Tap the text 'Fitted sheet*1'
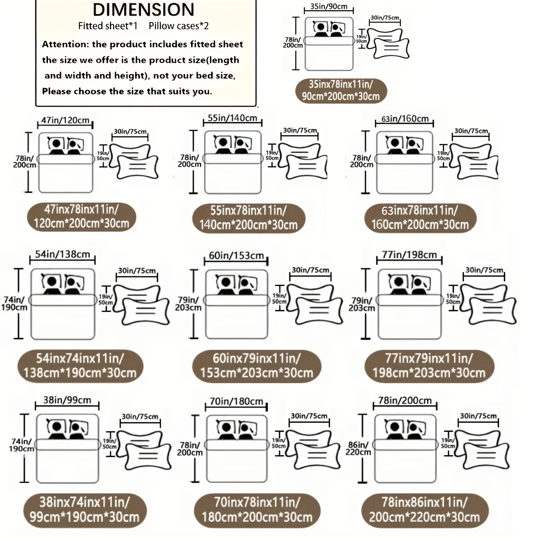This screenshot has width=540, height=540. tap(108, 26)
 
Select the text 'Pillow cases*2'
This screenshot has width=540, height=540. tap(179, 26)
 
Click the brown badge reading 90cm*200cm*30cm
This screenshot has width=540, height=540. tap(341, 91)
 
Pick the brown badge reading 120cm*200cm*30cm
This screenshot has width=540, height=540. tap(81, 217)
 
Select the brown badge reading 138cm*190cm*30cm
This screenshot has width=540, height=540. tap(80, 366)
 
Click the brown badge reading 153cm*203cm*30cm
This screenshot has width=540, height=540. tap(257, 366)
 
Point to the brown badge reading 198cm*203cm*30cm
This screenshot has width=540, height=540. tap(429, 366)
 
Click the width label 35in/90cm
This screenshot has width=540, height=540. tap(329, 6)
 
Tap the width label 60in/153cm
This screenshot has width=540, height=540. tap(236, 255)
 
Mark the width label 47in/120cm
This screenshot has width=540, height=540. tap(65, 120)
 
